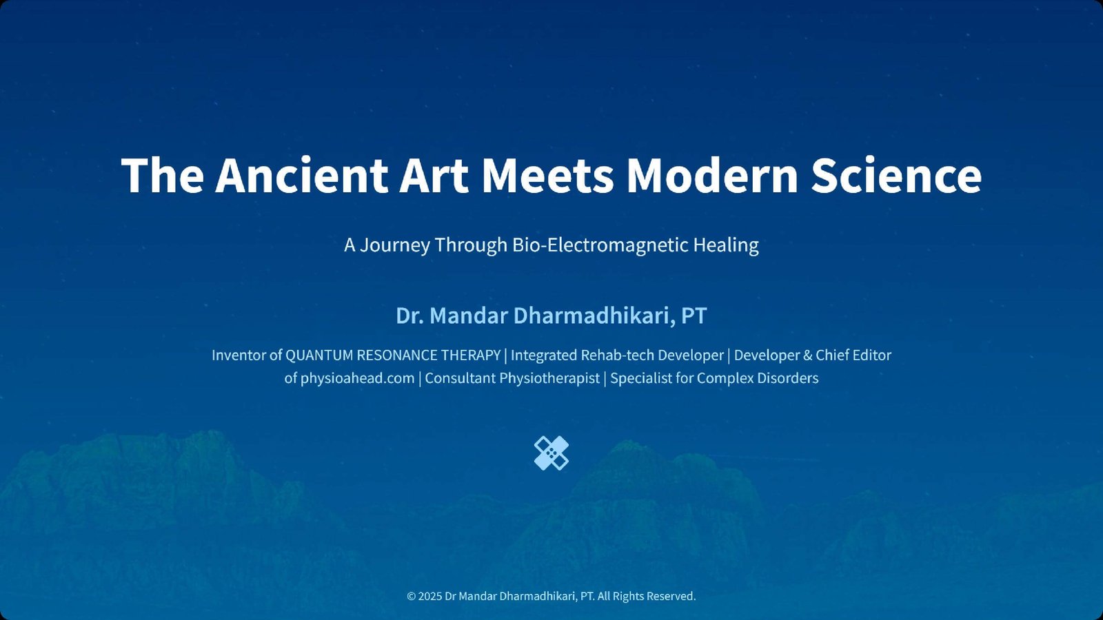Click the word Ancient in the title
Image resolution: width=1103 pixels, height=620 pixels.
[x=301, y=176]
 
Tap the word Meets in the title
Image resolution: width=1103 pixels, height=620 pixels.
[x=547, y=176]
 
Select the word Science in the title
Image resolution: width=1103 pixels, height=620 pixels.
[x=896, y=176]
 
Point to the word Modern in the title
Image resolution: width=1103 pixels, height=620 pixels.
[x=712, y=176]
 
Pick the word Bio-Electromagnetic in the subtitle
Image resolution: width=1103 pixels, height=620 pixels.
[x=600, y=245]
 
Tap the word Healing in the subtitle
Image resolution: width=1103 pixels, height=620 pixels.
[x=726, y=245]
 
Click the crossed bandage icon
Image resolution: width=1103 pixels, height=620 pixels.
[x=551, y=453]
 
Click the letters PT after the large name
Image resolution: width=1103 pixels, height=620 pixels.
[x=694, y=316]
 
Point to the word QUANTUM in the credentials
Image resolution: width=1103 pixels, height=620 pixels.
[x=319, y=355]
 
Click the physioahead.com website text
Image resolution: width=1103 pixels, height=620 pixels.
[x=358, y=378]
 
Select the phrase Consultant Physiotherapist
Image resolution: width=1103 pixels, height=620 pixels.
[x=512, y=378]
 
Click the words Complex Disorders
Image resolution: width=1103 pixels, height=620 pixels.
[x=758, y=378]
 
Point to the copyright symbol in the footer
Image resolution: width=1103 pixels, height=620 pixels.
[x=411, y=597]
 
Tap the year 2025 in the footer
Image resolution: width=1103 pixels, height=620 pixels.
[x=430, y=597]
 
